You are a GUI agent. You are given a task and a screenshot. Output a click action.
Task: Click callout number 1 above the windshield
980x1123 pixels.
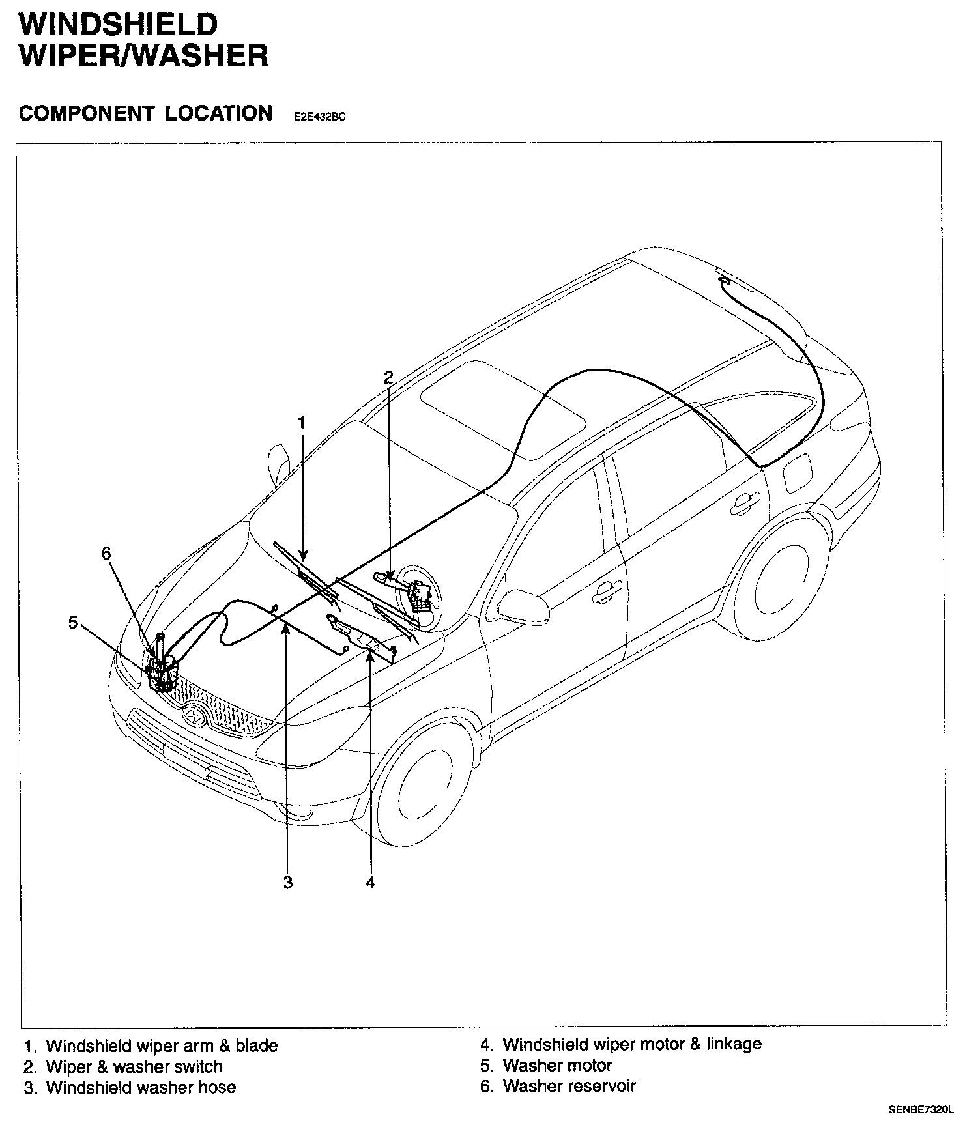(302, 423)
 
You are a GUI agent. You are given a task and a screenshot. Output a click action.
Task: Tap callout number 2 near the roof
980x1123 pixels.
(388, 377)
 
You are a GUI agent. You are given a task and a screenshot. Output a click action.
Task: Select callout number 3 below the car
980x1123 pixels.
(288, 883)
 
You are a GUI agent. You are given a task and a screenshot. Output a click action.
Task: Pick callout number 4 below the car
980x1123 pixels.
(371, 883)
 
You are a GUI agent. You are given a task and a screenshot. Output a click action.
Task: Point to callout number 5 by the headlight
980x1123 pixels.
(73, 623)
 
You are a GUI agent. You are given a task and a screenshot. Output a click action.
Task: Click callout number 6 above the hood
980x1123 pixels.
(106, 554)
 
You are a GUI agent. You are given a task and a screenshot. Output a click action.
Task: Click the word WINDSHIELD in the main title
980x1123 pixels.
(118, 25)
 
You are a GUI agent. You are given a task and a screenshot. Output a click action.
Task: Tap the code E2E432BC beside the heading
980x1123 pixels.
(319, 117)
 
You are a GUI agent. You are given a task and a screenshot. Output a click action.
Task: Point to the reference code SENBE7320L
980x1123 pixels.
(919, 1109)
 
